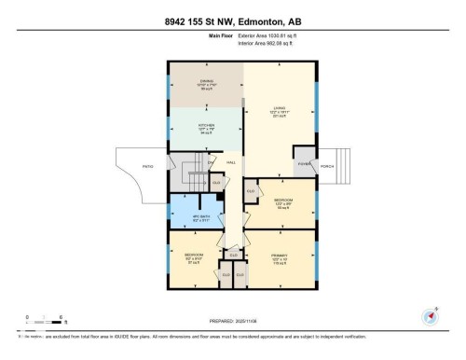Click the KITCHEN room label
pyautogui.click(x=206, y=126)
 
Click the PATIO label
pyautogui.click(x=147, y=166)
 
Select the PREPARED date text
pyautogui.click(x=232, y=323)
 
